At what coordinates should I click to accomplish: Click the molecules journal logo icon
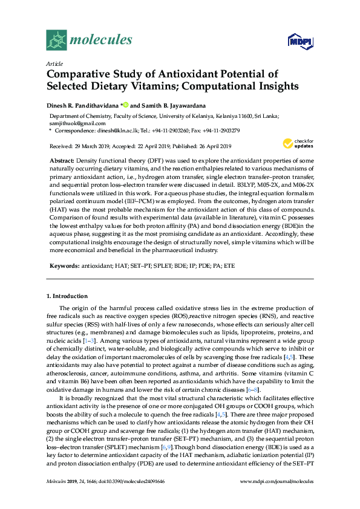[56, 40]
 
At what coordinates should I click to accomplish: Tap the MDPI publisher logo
[295, 41]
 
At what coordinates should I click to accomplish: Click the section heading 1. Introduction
[67, 296]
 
